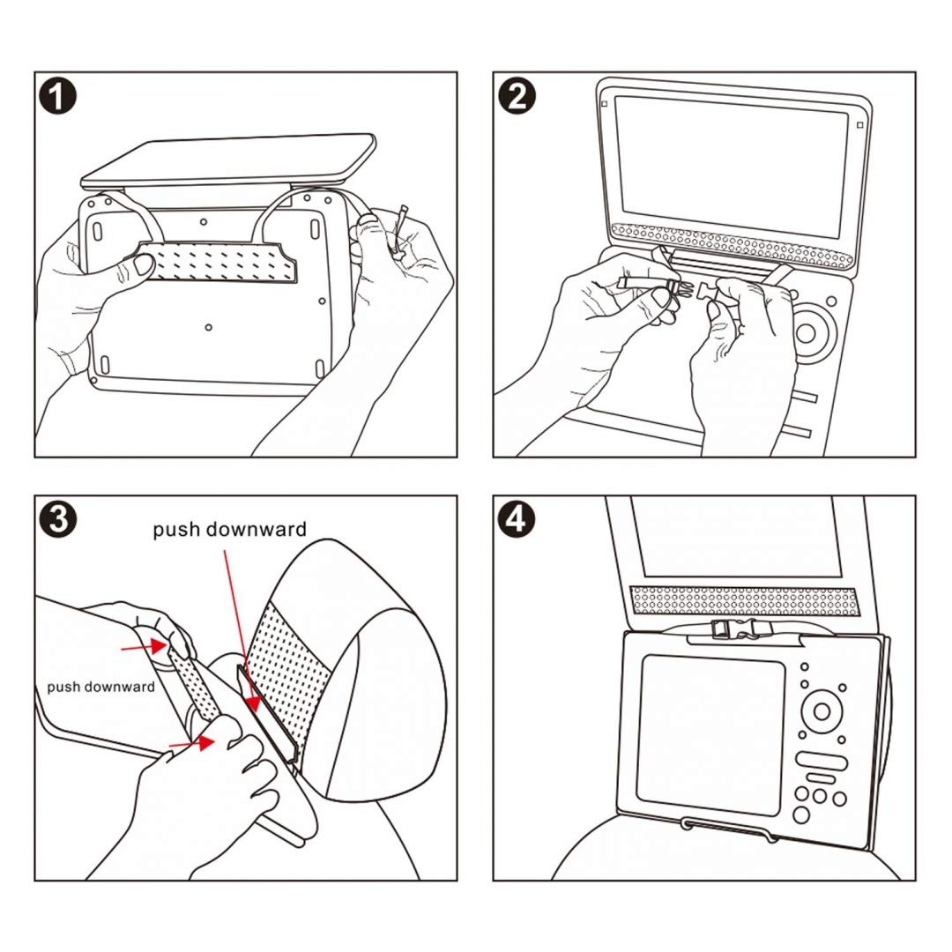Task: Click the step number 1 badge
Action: pos(59,96)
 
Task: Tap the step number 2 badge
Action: pos(517,96)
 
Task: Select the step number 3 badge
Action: pos(59,519)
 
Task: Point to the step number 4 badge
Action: pos(517,519)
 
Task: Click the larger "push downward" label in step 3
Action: pos(229,530)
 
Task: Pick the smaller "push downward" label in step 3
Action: pos(100,686)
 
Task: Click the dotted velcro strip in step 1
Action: pos(216,263)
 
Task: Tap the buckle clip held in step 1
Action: pos(402,234)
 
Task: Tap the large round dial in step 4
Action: pos(821,710)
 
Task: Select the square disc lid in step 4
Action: pos(710,733)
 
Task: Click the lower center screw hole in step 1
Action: pos(208,327)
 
